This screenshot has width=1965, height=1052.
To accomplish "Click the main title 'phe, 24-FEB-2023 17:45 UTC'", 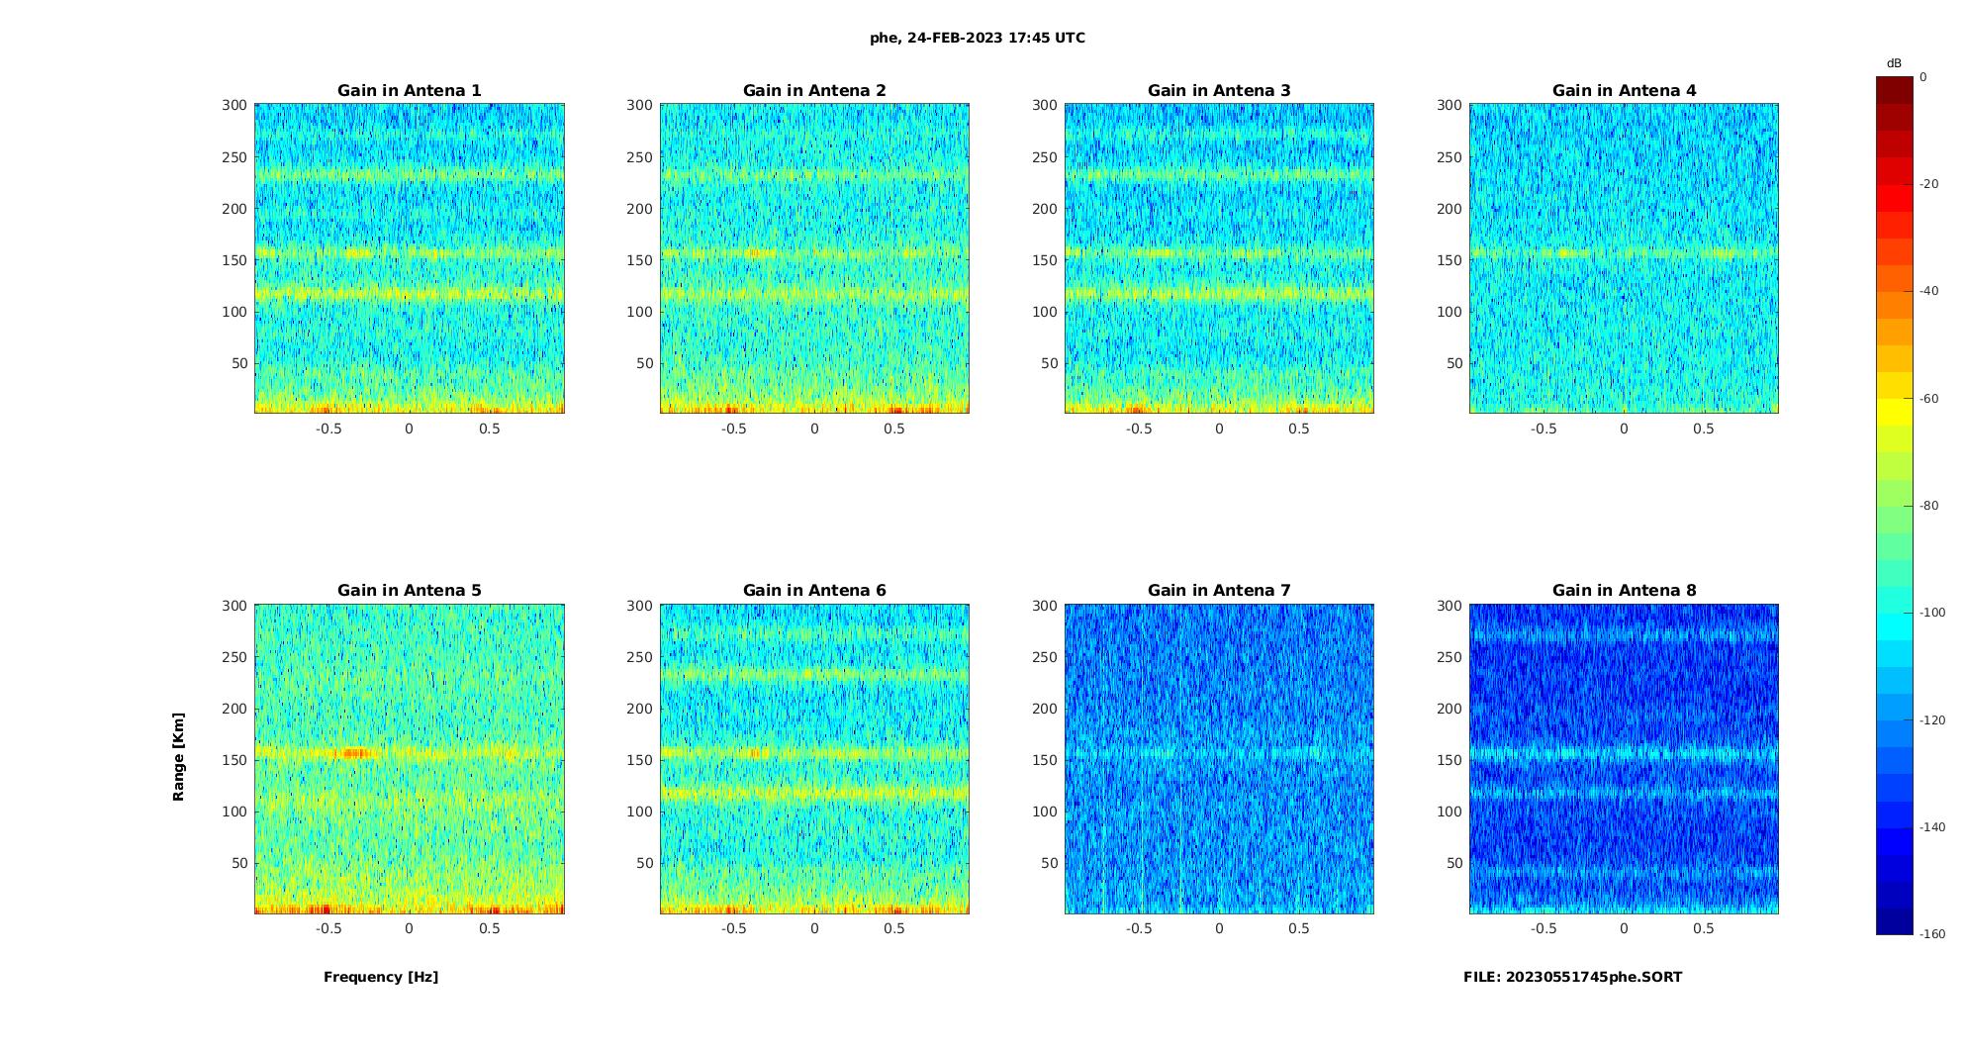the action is [x=977, y=39].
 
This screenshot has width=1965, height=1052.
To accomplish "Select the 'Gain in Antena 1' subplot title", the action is [x=410, y=91].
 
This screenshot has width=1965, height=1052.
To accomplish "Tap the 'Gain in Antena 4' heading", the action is [x=1624, y=91].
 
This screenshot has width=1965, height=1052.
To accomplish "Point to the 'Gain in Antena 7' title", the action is [x=1219, y=591].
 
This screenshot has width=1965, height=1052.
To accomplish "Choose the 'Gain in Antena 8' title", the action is [x=1624, y=591].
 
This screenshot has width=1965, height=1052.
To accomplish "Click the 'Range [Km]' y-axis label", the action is [x=179, y=757].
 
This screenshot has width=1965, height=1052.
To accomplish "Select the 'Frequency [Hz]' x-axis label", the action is [x=381, y=977].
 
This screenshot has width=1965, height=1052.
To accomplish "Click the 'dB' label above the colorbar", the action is [x=1894, y=63].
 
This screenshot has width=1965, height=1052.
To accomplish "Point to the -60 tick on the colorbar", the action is [x=1928, y=399].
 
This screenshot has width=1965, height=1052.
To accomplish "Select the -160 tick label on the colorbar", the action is [x=1931, y=934].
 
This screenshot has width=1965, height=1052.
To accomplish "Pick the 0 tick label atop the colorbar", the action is [x=1923, y=77].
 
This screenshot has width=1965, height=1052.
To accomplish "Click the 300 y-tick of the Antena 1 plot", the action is [x=234, y=105].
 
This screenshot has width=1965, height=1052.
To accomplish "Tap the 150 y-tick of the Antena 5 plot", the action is [x=234, y=760].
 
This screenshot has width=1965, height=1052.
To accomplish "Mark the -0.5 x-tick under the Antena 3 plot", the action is [x=1139, y=429].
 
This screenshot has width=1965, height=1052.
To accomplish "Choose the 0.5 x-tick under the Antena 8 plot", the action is [x=1704, y=928].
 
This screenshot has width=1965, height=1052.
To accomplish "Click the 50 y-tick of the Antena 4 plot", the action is [x=1453, y=363].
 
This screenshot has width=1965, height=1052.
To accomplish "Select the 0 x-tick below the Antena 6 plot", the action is [x=814, y=928].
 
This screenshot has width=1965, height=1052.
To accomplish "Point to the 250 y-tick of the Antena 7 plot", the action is [x=1045, y=657].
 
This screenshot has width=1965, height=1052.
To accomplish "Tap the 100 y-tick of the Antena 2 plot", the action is [x=639, y=312].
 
